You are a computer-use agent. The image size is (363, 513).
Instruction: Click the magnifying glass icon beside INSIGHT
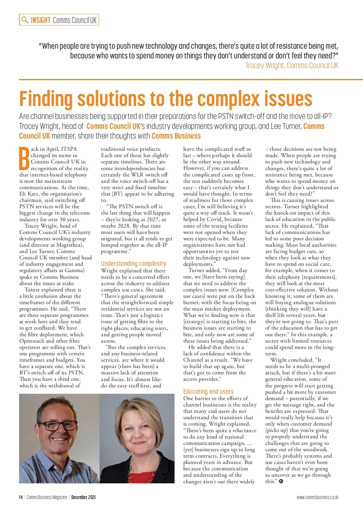25,20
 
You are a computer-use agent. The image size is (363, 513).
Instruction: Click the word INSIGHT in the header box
41,20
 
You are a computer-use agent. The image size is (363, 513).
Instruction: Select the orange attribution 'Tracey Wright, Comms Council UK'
292,65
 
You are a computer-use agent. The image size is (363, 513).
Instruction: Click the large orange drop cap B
24,158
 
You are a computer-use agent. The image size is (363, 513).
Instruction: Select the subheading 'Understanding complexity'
133,263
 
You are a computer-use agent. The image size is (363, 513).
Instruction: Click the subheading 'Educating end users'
208,391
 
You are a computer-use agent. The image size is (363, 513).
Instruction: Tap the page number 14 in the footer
21,497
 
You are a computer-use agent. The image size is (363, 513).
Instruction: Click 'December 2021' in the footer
83,497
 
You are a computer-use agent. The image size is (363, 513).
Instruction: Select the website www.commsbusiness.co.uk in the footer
317,497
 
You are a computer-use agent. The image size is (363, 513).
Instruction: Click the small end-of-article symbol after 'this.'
281,481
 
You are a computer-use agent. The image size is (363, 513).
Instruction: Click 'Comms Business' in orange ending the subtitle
176,136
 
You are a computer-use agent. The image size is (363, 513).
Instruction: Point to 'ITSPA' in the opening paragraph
69,149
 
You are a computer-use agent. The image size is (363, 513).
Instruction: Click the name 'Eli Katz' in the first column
29,194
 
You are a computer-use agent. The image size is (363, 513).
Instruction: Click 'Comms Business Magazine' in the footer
47,497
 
